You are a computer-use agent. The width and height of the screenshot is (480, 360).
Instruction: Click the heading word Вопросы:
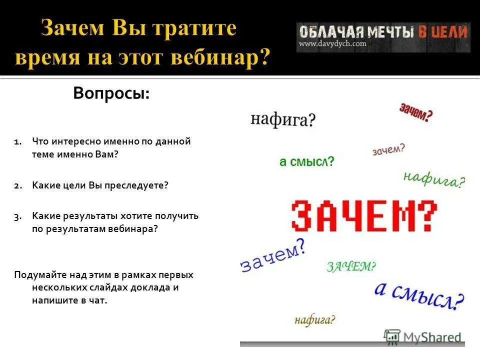(111, 93)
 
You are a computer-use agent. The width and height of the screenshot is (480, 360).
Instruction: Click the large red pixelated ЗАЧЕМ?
(364, 216)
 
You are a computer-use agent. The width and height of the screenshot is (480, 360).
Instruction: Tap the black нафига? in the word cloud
(283, 119)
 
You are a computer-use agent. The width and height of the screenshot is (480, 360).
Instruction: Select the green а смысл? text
(306, 162)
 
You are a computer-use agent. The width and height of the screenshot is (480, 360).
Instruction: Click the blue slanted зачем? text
(273, 255)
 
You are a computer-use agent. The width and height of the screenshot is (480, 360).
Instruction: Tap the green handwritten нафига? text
(433, 178)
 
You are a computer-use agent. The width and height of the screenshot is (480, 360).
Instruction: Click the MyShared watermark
(422, 336)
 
